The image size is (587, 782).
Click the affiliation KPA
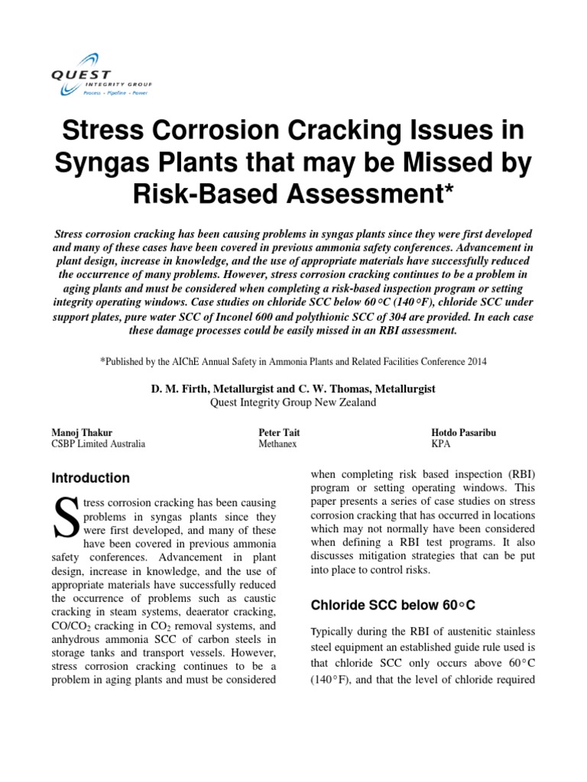pyautogui.click(x=442, y=444)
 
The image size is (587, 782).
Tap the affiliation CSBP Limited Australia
pyautogui.click(x=98, y=444)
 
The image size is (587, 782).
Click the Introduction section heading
pyautogui.click(x=90, y=478)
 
